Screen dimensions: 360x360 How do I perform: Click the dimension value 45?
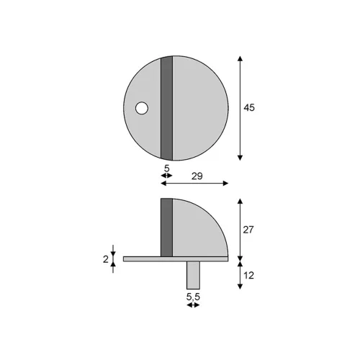click(x=249, y=108)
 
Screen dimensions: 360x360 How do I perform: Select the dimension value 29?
click(x=197, y=176)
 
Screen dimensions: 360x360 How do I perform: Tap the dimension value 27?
click(x=248, y=230)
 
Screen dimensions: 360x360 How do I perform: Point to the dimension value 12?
click(x=248, y=276)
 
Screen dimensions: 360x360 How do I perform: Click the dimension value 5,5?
click(x=193, y=297)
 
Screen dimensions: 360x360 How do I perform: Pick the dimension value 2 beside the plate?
click(x=106, y=259)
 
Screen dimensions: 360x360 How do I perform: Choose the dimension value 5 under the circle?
click(x=166, y=168)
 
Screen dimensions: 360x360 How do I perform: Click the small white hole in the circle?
click(x=142, y=108)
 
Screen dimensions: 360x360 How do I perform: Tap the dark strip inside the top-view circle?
click(x=166, y=108)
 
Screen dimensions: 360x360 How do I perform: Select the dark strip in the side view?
click(x=166, y=228)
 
